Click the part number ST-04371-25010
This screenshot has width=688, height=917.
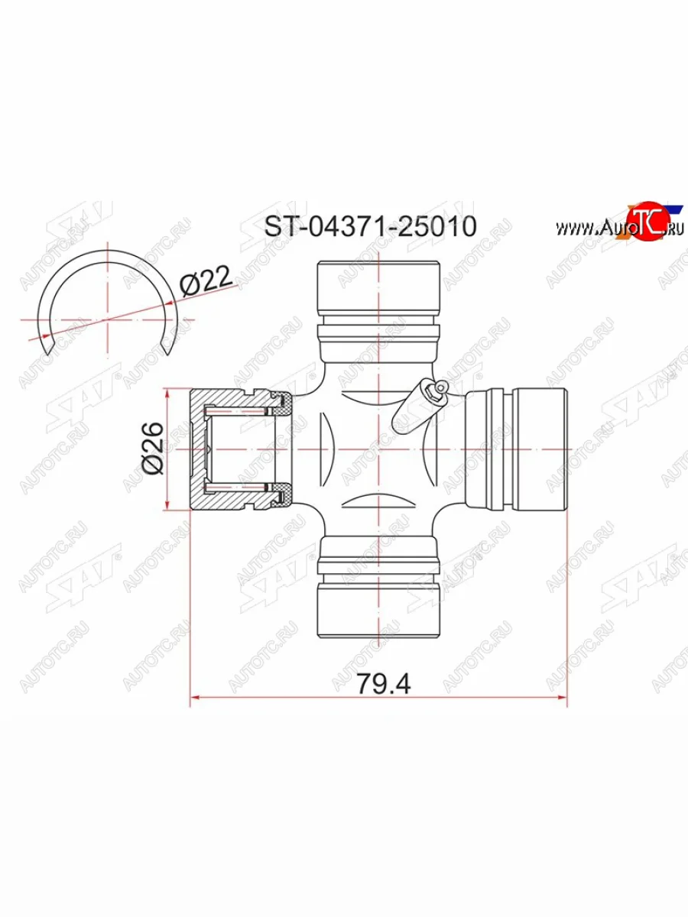(x=371, y=227)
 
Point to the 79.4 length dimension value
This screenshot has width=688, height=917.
(x=384, y=683)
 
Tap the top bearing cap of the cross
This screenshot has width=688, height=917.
(x=379, y=287)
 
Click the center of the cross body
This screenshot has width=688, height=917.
(x=379, y=449)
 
